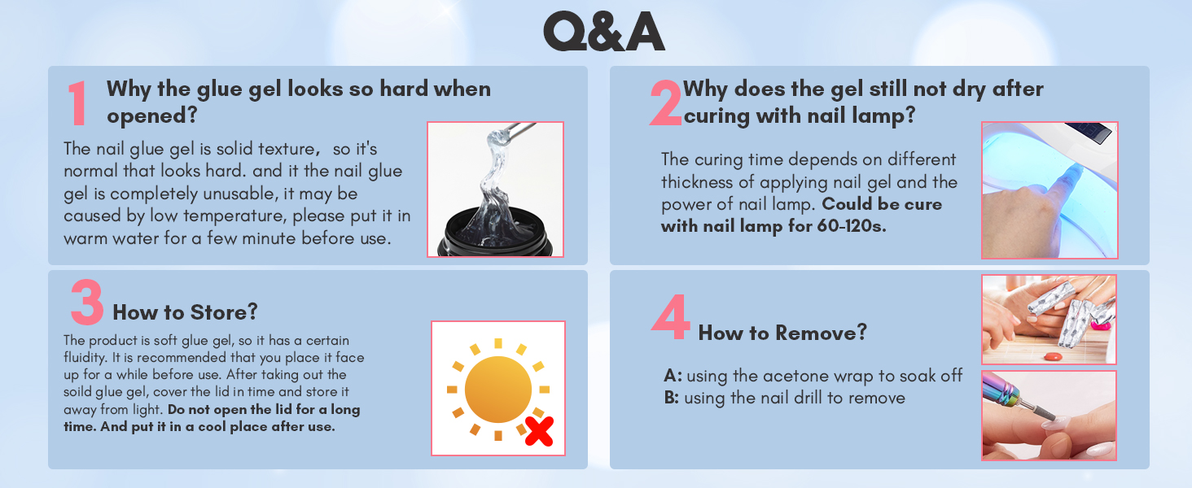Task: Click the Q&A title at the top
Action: pos(603,33)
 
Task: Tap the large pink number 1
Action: pos(78,104)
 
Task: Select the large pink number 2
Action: pos(665,104)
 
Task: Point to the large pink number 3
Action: pos(86,303)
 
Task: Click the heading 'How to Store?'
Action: pos(185,312)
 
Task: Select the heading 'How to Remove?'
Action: pos(782,332)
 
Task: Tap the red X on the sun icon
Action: pos(538,432)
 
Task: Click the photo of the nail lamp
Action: pos(1049,190)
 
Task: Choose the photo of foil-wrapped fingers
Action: pos(1049,319)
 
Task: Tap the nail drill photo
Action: pos(1049,416)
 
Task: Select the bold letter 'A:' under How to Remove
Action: pos(673,376)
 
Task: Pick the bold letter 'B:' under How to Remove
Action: pos(673,398)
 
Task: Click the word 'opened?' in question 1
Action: pos(152,115)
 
